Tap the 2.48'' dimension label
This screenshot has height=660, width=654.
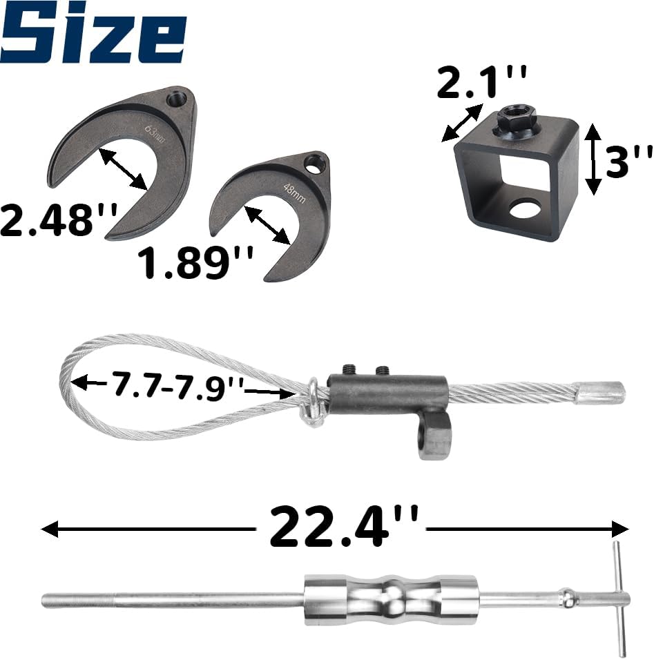[59, 220]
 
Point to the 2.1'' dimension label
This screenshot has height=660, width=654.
[482, 81]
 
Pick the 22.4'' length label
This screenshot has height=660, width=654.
[344, 526]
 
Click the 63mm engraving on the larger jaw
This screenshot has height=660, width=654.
[153, 133]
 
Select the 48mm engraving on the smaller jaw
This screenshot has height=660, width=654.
[295, 193]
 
